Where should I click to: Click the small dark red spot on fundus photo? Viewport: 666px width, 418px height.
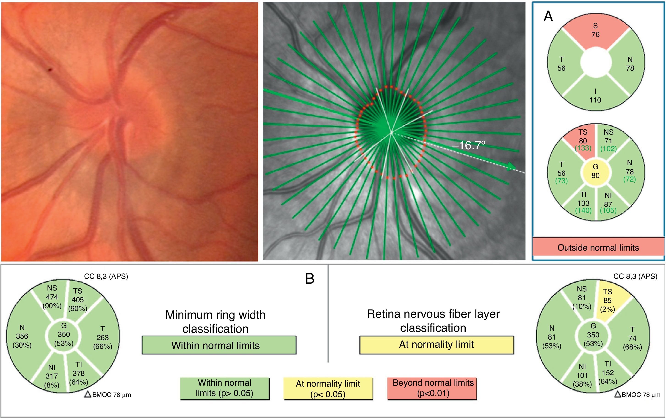click(50, 70)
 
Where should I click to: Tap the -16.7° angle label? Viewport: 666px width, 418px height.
click(468, 145)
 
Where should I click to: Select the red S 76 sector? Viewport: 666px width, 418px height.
click(596, 32)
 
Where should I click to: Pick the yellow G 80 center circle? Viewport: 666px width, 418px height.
click(596, 172)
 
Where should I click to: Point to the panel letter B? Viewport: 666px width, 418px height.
click(310, 279)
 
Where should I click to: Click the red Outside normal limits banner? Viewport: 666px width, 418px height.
click(598, 247)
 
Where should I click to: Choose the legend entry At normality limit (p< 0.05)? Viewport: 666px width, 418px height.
click(328, 389)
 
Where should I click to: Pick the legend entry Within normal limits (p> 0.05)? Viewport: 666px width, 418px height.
click(224, 388)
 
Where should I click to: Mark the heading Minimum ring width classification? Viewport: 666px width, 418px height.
click(215, 322)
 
